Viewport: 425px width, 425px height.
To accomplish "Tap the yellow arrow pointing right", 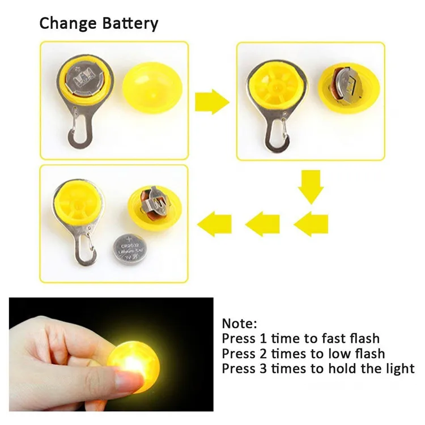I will coord(211,103).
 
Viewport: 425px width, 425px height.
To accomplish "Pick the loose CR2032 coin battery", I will coord(131,248).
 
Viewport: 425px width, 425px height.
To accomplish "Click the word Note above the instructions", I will coord(237,324).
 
